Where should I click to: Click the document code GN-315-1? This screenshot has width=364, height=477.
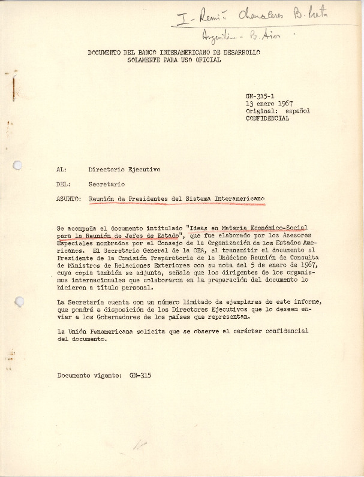[259, 96]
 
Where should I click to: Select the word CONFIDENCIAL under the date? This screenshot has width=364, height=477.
[267, 119]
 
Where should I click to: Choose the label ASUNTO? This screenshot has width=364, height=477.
[68, 199]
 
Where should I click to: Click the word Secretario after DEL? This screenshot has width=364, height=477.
[107, 184]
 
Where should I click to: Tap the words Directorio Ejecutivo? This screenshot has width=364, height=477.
[124, 170]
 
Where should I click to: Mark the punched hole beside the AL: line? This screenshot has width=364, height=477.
[17, 165]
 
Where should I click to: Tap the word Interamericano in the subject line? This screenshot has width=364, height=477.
[236, 199]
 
